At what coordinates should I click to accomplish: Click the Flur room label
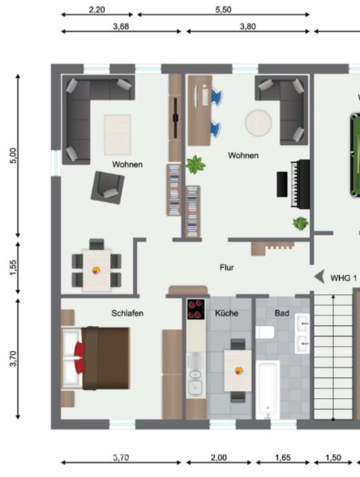click(x=227, y=268)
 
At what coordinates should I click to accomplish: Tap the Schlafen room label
click(x=128, y=313)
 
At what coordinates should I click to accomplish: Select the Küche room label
click(x=227, y=314)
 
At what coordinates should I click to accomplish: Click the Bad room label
click(x=282, y=314)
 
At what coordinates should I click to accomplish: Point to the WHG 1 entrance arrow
click(x=320, y=277)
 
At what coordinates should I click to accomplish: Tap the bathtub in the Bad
click(x=268, y=390)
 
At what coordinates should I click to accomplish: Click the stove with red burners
click(x=196, y=309)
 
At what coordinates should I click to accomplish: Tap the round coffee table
click(x=258, y=122)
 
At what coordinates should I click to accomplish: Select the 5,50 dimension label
click(x=223, y=9)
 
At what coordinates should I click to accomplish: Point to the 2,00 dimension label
click(x=218, y=458)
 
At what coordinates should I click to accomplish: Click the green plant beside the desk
click(x=196, y=164)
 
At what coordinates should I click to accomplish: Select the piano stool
click(x=282, y=184)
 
